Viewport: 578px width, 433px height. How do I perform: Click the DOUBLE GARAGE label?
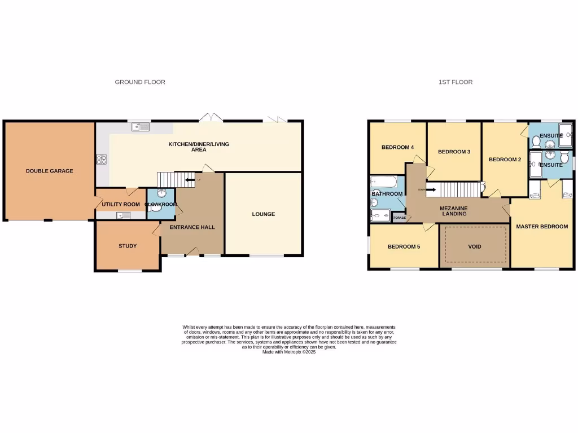pyautogui.click(x=49, y=171)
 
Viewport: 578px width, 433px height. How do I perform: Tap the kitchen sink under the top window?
pyautogui.click(x=140, y=127)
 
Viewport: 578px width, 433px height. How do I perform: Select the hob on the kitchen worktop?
pyautogui.click(x=102, y=160)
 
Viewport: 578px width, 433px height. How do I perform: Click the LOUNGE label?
pyautogui.click(x=264, y=214)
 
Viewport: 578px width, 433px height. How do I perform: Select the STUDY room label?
pyautogui.click(x=128, y=246)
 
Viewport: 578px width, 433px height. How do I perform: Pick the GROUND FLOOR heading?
pyautogui.click(x=140, y=82)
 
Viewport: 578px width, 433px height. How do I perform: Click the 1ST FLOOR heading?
pyautogui.click(x=456, y=82)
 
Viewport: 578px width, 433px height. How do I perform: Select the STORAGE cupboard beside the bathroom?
pyautogui.click(x=399, y=218)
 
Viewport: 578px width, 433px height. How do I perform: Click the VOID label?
pyautogui.click(x=475, y=247)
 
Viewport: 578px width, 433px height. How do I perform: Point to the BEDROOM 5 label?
pyautogui.click(x=404, y=247)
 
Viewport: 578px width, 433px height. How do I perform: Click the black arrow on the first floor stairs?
pyautogui.click(x=430, y=189)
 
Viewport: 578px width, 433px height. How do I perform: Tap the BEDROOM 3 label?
pyautogui.click(x=454, y=152)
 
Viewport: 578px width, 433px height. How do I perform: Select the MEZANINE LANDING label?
pyautogui.click(x=454, y=211)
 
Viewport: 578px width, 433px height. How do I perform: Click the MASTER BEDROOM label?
pyautogui.click(x=542, y=227)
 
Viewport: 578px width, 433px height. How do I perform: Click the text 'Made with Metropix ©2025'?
pyautogui.click(x=289, y=352)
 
